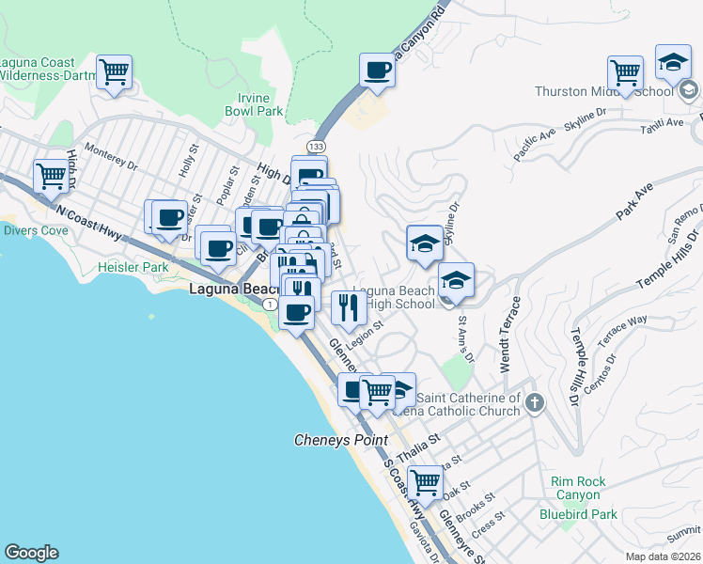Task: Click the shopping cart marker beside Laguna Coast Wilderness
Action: click(114, 71)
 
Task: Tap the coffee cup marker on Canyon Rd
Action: click(378, 70)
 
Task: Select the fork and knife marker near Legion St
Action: click(349, 307)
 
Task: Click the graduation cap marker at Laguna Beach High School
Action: click(456, 281)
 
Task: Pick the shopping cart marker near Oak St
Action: click(425, 483)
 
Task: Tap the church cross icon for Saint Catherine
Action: click(535, 404)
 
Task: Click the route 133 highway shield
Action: click(316, 147)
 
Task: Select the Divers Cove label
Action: click(35, 230)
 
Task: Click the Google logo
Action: click(31, 553)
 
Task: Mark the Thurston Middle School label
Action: click(603, 91)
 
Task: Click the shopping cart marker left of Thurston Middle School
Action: click(625, 72)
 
